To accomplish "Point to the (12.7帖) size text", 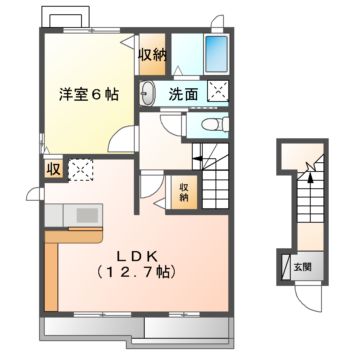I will point(138,272).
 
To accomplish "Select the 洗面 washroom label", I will point(182,96).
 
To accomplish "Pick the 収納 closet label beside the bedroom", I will point(152,56).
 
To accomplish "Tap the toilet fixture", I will point(210,125).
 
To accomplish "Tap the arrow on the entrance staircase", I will point(311,182).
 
